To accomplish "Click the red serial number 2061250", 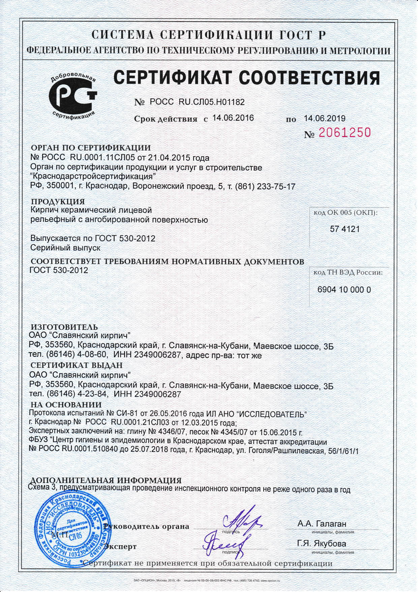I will [344, 133].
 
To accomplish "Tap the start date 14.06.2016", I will [233, 118].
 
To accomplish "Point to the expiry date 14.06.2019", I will [325, 118].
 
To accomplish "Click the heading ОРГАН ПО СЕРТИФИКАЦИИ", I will [91, 148].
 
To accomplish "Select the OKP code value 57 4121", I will [345, 229].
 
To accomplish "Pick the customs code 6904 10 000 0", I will [344, 290].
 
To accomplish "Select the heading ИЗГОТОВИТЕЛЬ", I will [64, 327].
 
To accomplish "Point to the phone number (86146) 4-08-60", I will [69, 355].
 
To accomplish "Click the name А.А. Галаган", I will [322, 524].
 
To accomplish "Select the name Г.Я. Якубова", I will [321, 544].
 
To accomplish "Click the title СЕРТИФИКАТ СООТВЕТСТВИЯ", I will [246, 78].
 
